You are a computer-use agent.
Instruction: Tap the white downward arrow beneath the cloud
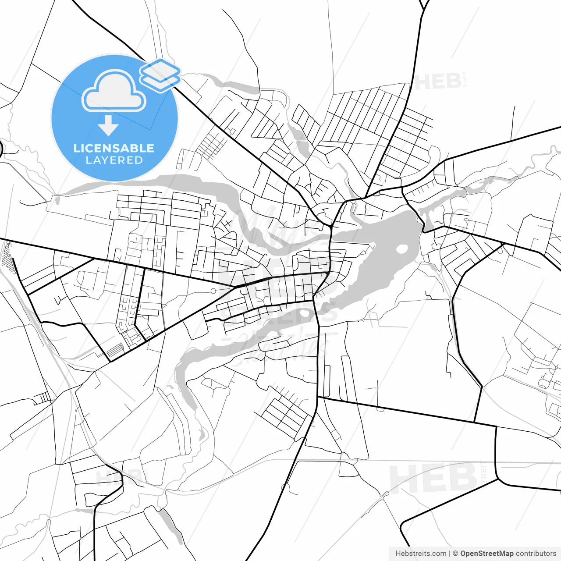click(x=108, y=126)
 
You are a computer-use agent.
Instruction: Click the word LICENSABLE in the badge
click(x=114, y=148)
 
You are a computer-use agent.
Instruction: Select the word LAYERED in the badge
click(x=114, y=160)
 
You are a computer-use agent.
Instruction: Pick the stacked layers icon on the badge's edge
click(x=160, y=75)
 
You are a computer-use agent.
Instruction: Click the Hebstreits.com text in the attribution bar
click(x=421, y=554)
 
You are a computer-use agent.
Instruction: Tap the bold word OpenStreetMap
click(x=486, y=554)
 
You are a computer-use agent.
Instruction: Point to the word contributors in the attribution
click(x=536, y=554)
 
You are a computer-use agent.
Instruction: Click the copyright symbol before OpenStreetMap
click(x=455, y=554)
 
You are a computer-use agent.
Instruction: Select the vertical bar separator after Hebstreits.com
click(x=450, y=554)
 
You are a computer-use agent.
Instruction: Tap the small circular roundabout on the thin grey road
click(x=213, y=291)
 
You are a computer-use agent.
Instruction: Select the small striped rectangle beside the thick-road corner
click(x=115, y=350)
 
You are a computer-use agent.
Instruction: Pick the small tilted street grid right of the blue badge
click(x=212, y=145)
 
